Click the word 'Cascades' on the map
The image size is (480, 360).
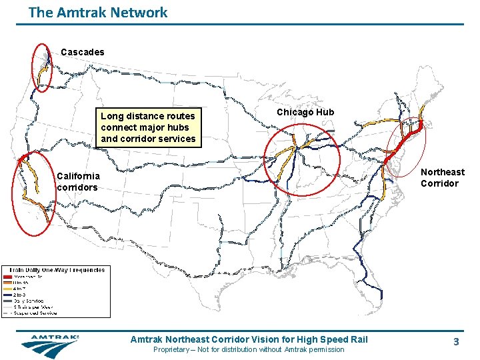click(82, 51)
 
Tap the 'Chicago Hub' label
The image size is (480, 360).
click(305, 112)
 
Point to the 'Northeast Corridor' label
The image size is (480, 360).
click(442, 177)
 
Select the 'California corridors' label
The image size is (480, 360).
click(78, 181)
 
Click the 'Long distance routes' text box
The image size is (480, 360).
click(148, 127)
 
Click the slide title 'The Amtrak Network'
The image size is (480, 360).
click(98, 12)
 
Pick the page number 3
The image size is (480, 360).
click(456, 341)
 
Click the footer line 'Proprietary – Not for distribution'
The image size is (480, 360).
click(249, 349)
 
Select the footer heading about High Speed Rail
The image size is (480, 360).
click(249, 339)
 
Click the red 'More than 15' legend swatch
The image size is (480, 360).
click(7, 276)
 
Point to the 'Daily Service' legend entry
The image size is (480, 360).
click(27, 300)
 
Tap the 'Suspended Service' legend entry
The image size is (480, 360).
click(32, 313)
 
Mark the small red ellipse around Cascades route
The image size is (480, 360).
click(42, 67)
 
